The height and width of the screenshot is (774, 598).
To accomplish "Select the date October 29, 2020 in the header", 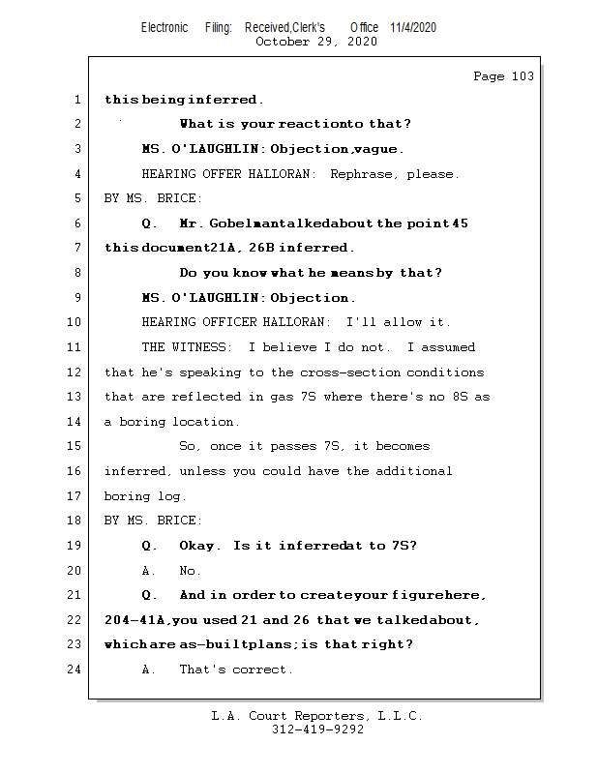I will click(x=315, y=42).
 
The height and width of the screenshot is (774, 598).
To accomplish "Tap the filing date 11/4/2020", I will click(x=413, y=27).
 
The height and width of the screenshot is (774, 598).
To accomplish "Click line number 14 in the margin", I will click(x=75, y=422).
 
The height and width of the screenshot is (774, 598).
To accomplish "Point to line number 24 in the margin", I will click(x=75, y=670).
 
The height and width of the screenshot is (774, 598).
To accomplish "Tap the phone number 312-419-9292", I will click(x=317, y=729).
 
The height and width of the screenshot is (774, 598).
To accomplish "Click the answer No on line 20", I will click(x=191, y=571).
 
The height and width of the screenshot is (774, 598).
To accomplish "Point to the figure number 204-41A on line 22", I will click(x=136, y=620).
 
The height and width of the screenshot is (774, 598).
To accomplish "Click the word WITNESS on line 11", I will click(x=205, y=347).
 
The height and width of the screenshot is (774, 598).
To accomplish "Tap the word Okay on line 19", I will click(x=200, y=546).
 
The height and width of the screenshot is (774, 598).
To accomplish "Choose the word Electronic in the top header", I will click(x=164, y=27).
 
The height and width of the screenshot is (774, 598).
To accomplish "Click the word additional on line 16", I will click(x=414, y=471).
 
